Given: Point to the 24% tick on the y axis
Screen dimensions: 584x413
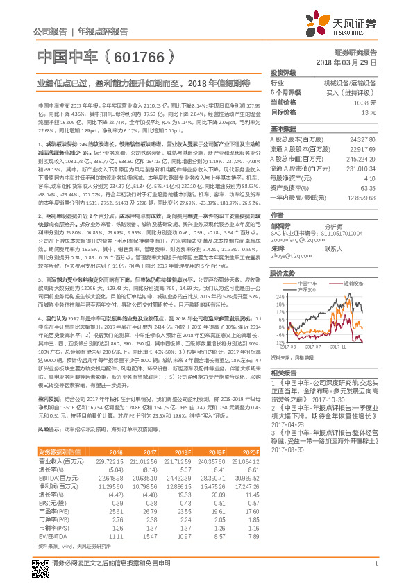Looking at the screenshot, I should click(x=280, y=295).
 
